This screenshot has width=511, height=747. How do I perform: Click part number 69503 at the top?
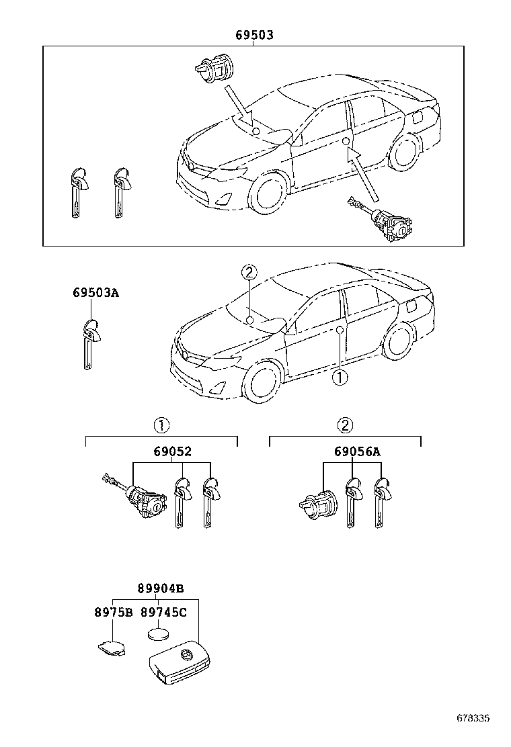coord(253,35)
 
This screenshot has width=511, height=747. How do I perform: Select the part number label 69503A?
coord(96,293)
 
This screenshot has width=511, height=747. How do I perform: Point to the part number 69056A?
coord(357,452)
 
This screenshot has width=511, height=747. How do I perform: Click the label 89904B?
coord(161,588)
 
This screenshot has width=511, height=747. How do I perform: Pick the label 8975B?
coord(112,612)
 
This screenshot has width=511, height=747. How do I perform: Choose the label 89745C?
coord(163,612)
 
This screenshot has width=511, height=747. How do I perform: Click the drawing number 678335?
coord(473,718)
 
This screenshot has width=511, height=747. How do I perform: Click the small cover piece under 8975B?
coord(112,647)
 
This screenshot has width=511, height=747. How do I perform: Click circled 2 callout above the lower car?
coord(249,273)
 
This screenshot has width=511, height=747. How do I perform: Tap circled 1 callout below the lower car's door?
coord(340,378)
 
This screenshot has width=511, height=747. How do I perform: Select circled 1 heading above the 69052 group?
coord(161,425)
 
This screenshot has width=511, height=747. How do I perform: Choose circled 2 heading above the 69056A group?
coord(344,425)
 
